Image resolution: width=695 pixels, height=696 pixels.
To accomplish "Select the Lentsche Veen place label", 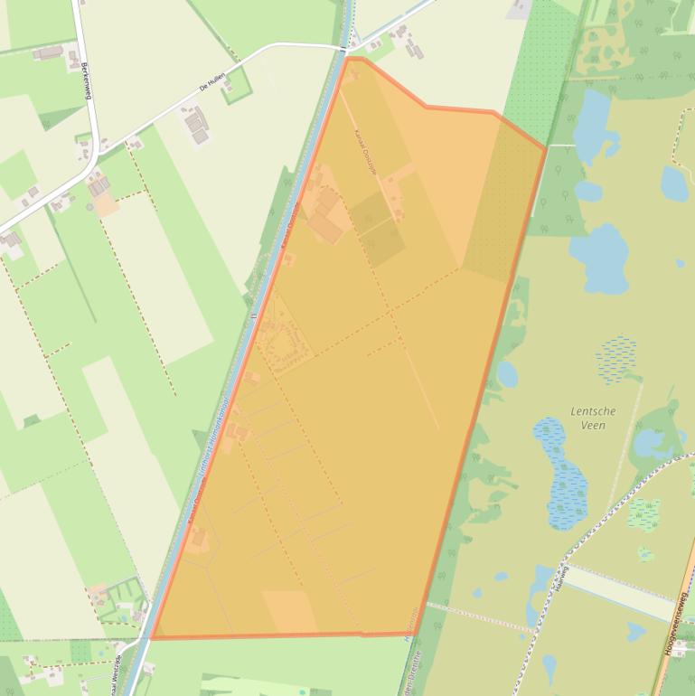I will [593, 418].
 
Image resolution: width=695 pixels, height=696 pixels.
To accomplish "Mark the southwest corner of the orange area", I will [152, 638].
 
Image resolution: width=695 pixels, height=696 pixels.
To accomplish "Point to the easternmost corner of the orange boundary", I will [545, 148].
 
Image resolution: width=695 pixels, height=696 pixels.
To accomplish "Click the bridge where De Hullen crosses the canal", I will [345, 46].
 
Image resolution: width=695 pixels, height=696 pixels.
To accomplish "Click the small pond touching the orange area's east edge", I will [508, 373].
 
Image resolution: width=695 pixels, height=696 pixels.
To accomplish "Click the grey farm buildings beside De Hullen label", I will [195, 124].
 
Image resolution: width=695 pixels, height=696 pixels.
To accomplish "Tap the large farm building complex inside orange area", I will [325, 218].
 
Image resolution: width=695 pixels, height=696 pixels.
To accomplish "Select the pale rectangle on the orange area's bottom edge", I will [289, 612].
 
